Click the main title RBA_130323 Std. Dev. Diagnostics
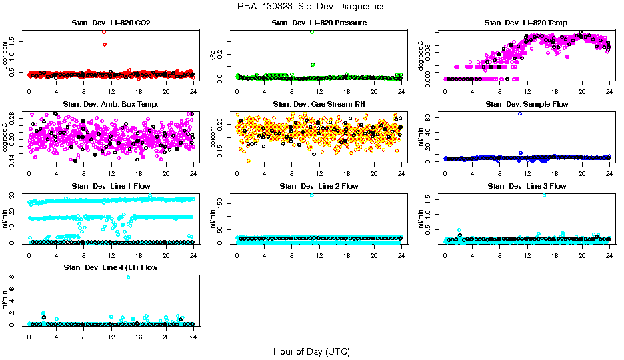point(311,7)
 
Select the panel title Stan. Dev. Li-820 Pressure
point(319,23)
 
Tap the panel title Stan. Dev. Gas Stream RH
point(319,105)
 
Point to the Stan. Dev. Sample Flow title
point(527,105)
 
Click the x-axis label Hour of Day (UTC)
point(311,351)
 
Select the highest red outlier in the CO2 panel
point(104,32)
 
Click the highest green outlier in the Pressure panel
point(312,32)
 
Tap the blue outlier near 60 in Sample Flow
point(520,114)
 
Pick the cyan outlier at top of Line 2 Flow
point(312,195)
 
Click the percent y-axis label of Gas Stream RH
point(213,137)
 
